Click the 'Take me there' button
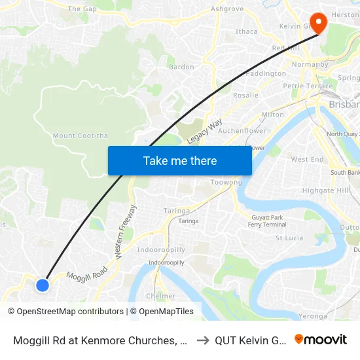(180, 160)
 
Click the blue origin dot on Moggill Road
(43, 285)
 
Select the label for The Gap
(82, 9)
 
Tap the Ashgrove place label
(227, 9)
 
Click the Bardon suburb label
(181, 67)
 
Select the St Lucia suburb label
(289, 238)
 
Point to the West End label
(307, 159)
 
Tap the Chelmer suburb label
(161, 296)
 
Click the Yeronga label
(313, 316)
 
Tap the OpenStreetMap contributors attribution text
(65, 312)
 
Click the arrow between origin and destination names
(203, 340)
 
